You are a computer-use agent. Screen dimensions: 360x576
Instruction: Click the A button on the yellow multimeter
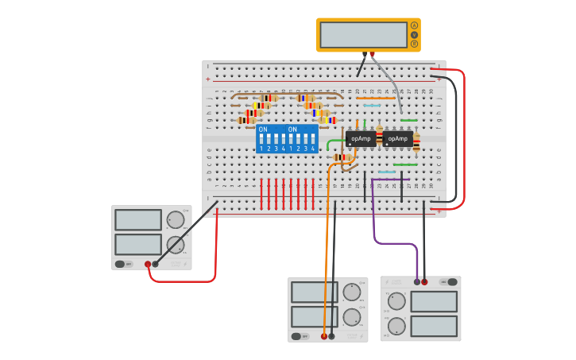click(414, 25)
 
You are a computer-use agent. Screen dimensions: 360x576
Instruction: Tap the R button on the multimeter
click(414, 44)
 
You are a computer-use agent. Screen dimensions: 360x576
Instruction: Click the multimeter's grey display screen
click(364, 35)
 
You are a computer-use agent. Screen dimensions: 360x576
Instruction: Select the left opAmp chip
click(361, 138)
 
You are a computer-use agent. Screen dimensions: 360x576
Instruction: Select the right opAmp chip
click(397, 138)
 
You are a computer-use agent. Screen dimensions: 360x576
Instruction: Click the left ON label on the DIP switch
click(263, 129)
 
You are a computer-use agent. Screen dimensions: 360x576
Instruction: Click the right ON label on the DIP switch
click(292, 129)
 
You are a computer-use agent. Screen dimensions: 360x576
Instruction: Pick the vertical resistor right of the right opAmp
click(416, 142)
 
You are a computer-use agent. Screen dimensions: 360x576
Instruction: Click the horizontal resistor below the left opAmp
click(343, 157)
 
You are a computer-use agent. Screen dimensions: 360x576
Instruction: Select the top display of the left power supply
click(138, 219)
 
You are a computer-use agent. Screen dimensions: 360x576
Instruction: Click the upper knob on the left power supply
click(175, 219)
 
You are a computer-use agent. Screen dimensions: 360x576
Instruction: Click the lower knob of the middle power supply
click(351, 317)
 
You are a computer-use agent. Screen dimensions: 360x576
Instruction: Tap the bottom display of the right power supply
click(434, 326)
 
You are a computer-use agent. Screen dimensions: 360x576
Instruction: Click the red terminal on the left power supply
click(148, 264)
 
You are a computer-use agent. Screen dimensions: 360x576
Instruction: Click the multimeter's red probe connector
click(372, 55)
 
